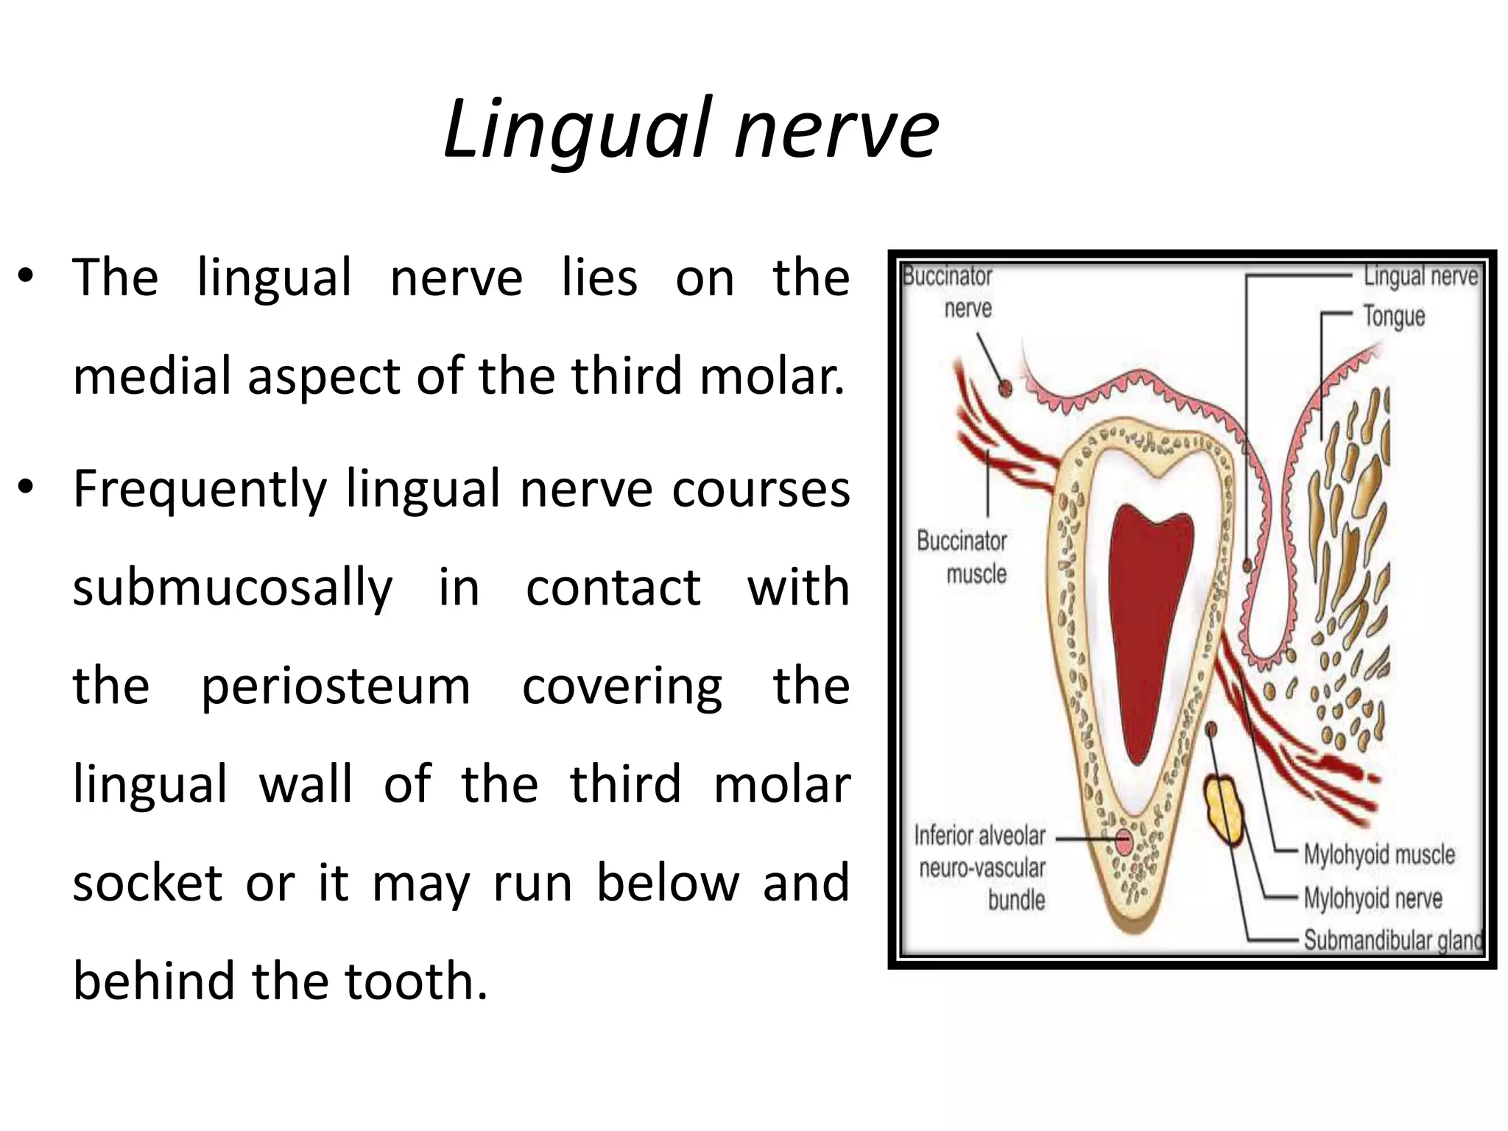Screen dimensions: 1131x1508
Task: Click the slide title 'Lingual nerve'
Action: coord(691,130)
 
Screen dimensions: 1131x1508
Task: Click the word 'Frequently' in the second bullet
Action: coord(200,490)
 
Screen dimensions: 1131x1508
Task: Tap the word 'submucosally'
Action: coord(233,588)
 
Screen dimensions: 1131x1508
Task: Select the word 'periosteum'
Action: coord(335,687)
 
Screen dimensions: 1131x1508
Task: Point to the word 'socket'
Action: coord(147,883)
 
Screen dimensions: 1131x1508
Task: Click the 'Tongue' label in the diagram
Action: coord(1394,317)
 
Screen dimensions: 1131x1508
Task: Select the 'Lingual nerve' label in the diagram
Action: coord(1420,276)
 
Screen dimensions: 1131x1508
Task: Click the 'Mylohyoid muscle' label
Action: coord(1379,855)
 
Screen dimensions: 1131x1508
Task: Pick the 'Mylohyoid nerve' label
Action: coord(1373,898)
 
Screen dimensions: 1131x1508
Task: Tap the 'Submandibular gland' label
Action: coord(1392,940)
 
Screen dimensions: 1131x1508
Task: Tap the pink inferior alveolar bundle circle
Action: coord(1124,841)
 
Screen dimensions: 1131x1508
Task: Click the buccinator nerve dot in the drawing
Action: coord(1004,387)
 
